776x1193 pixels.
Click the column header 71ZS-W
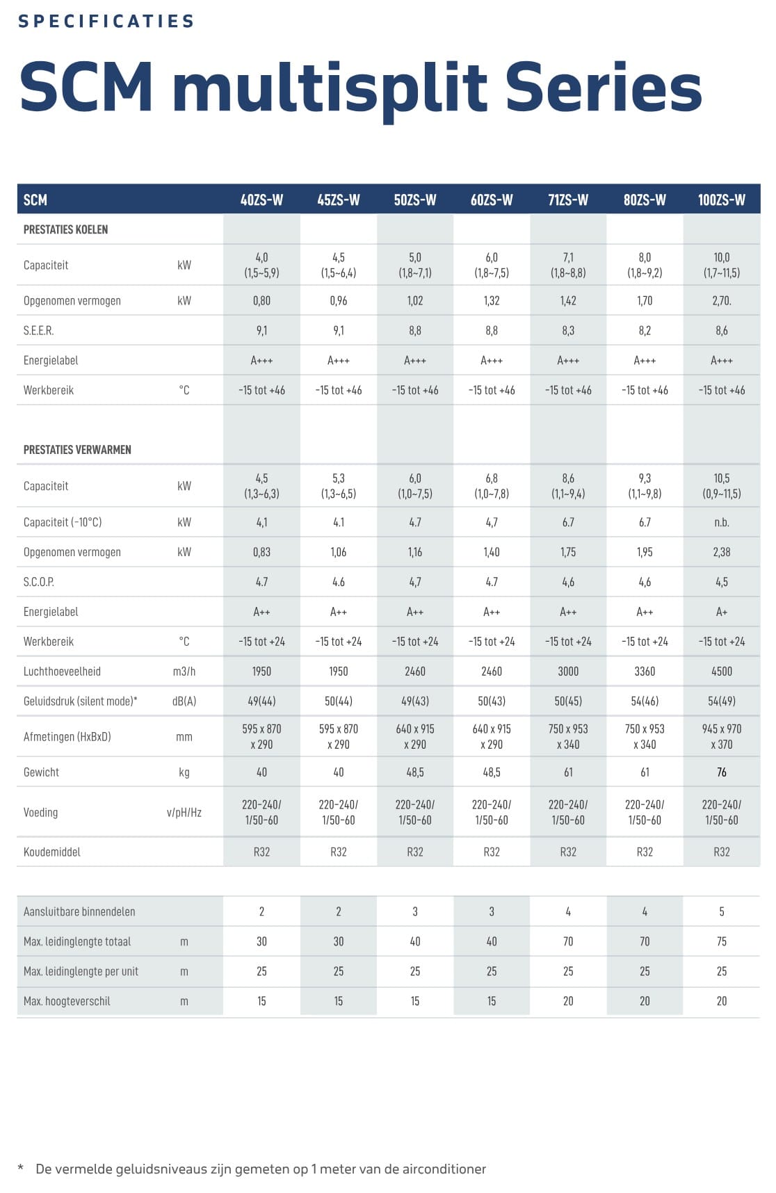click(x=567, y=200)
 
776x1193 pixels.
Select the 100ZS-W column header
click(x=721, y=200)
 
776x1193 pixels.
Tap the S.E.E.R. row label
click(x=38, y=330)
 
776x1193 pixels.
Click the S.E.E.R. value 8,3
click(x=567, y=330)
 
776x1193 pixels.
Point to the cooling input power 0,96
click(x=338, y=300)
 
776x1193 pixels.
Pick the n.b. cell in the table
click(x=721, y=522)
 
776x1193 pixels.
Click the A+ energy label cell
click(x=721, y=612)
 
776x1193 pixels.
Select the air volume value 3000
click(x=567, y=671)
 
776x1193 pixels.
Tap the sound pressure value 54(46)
click(x=645, y=701)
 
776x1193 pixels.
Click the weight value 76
click(x=721, y=772)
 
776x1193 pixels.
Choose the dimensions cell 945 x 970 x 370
click(x=721, y=736)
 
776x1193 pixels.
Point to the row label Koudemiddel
click(x=52, y=852)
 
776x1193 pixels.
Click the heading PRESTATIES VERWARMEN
click(x=77, y=450)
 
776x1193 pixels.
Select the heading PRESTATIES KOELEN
click(x=65, y=229)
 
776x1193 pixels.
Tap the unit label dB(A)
click(x=184, y=701)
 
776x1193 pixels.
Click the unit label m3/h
click(x=184, y=671)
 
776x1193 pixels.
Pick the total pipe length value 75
click(x=721, y=941)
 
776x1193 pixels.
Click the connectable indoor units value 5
click(x=721, y=911)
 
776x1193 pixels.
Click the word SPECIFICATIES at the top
click(x=106, y=22)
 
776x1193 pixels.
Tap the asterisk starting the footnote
click(x=21, y=1169)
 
